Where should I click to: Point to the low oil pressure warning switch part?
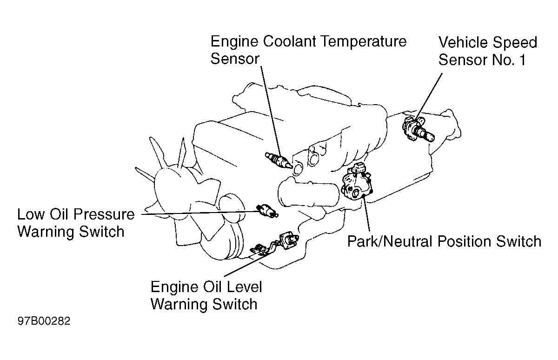[266, 211]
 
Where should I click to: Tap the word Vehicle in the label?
[465, 43]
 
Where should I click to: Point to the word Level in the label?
[241, 287]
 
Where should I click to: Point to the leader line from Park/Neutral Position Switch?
[367, 216]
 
